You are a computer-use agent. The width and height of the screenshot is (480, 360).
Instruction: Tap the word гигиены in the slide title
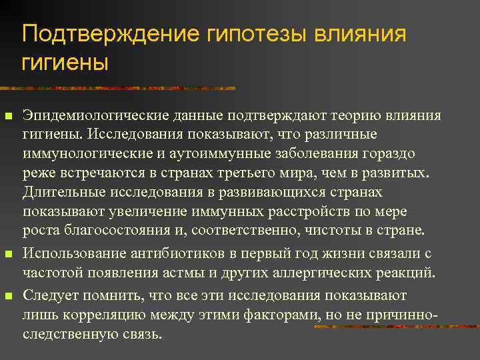[65, 63]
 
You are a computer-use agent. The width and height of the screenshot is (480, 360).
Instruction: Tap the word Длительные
[60, 192]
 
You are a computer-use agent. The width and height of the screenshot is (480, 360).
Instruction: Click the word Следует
[50, 294]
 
